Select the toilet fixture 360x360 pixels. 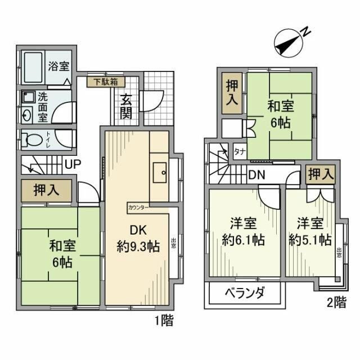coord(35,138)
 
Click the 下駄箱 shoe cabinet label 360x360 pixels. coord(105,82)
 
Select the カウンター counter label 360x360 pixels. coord(139,206)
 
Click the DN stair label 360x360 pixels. coord(258,175)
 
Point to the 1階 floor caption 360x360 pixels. coord(163,322)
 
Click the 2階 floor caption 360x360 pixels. coord(336,302)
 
